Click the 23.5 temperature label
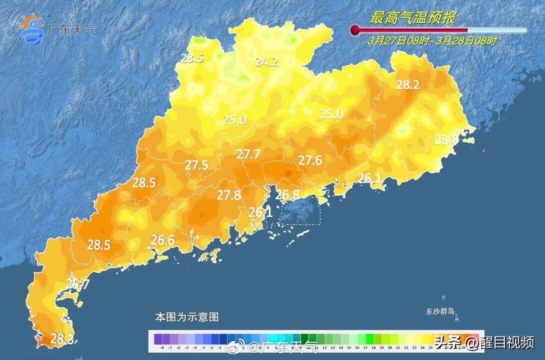[x=192, y=58]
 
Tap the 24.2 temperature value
[x=266, y=62]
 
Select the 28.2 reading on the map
[x=407, y=85]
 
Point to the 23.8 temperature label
[x=445, y=140]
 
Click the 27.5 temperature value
[x=196, y=165]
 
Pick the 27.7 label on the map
[x=248, y=154]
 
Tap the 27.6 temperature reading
[x=310, y=160]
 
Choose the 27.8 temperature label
[x=228, y=195]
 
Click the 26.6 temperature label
[x=163, y=240]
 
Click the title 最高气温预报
[x=412, y=18]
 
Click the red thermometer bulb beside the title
[x=355, y=30]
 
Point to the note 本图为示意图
[x=186, y=317]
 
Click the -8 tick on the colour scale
[x=162, y=347]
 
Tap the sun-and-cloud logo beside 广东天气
[x=31, y=29]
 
